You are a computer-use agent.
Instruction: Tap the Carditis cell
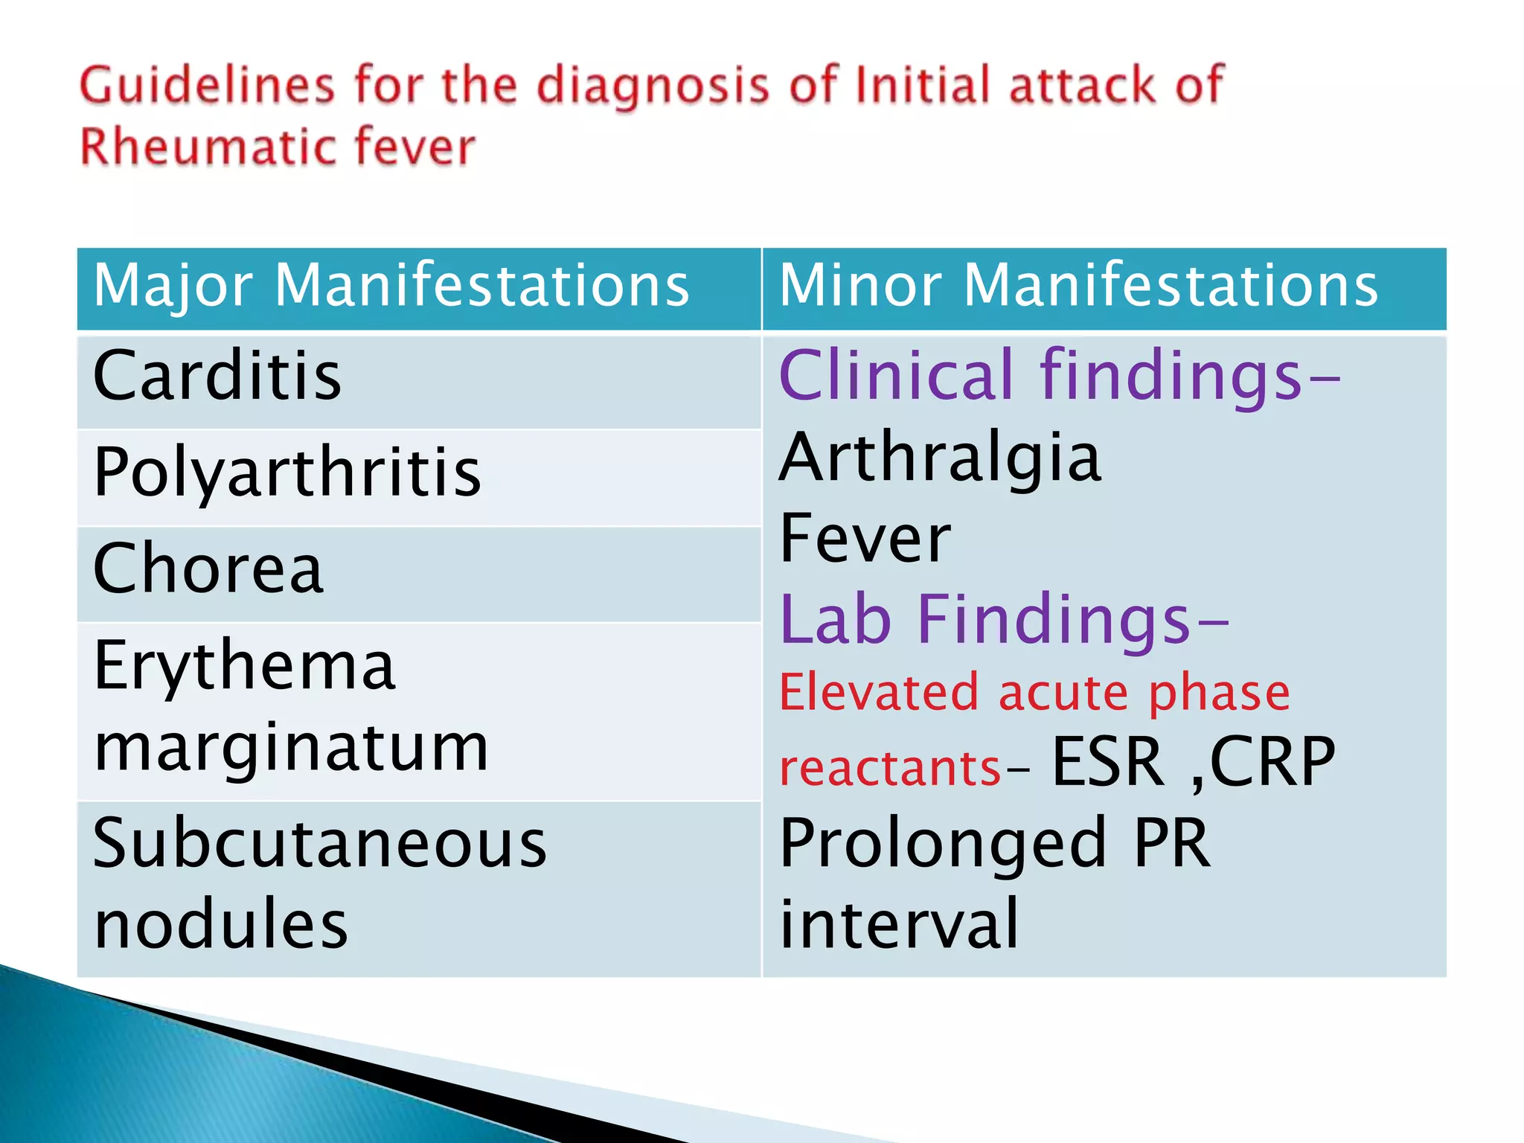point(217,377)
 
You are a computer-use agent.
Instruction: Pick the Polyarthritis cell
point(287,474)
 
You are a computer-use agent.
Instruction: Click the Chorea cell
point(208,569)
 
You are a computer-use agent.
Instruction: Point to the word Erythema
point(244,666)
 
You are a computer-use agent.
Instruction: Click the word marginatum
point(291,748)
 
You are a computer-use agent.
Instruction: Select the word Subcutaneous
point(320,844)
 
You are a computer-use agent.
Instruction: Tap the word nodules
point(221,924)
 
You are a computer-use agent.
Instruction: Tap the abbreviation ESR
point(1107,762)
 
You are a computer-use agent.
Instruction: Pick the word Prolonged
point(943,845)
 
